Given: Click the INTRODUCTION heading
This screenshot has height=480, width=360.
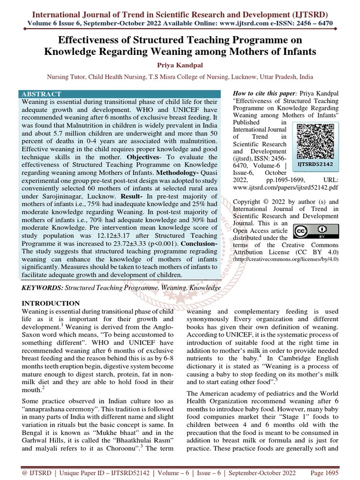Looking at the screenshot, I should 51,303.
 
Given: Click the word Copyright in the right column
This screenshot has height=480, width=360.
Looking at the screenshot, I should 249,202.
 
